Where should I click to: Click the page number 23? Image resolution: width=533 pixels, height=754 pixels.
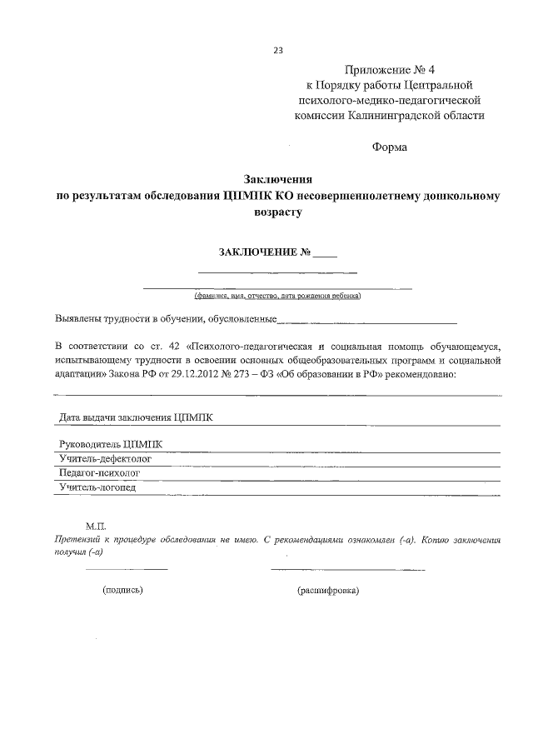point(278,50)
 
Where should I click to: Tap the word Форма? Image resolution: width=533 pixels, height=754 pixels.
point(389,147)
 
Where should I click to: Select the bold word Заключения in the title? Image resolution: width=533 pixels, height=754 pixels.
point(277,180)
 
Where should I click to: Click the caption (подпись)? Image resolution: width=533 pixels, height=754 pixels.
point(123,590)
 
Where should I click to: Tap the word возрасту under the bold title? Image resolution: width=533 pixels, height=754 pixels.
point(276,213)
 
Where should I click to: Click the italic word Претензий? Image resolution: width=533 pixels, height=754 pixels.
point(79,540)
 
